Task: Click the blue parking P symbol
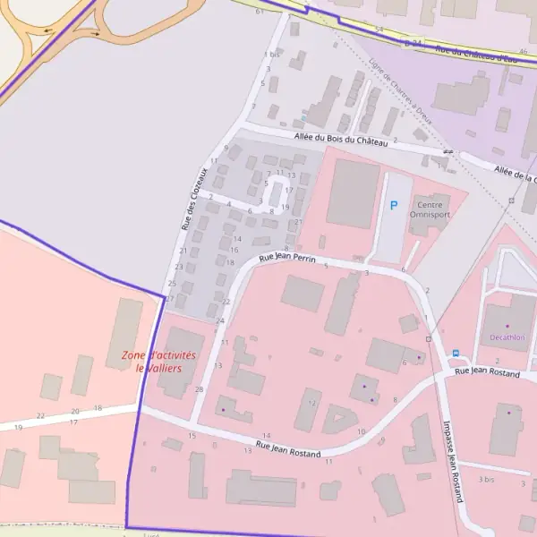[x=393, y=206]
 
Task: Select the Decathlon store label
[x=507, y=337]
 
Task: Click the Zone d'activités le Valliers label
[x=158, y=362]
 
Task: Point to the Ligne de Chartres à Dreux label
[x=400, y=92]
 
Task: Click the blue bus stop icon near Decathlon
[x=456, y=354]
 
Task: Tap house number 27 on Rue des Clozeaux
[x=169, y=298]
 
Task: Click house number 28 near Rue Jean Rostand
[x=199, y=389]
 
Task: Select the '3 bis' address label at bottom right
[x=487, y=480]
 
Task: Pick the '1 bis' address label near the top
[x=272, y=54]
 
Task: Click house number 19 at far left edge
[x=18, y=428]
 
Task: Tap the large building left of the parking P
[x=353, y=193]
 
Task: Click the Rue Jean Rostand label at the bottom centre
[x=288, y=449]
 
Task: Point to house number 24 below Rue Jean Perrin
[x=220, y=320]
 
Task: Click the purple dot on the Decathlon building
[x=507, y=325]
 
